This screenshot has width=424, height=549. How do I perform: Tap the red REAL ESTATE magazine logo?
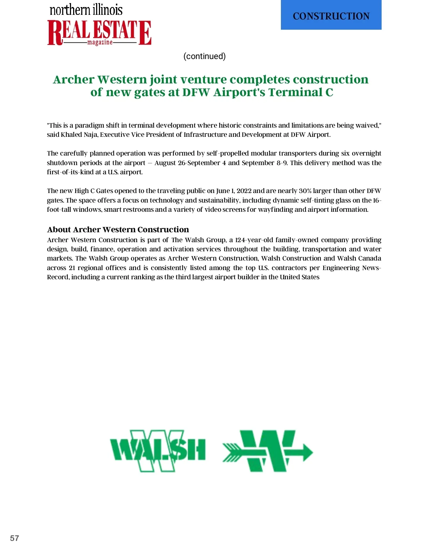(99, 33)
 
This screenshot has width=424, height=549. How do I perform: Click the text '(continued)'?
(204, 56)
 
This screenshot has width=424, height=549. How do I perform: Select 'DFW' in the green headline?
(196, 92)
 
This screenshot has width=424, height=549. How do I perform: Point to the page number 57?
(14, 538)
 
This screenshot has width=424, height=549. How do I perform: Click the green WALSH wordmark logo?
(158, 450)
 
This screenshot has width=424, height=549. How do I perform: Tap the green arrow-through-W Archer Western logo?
(267, 451)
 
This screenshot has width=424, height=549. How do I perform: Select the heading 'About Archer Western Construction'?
(118, 229)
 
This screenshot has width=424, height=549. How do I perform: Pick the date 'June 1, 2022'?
(234, 191)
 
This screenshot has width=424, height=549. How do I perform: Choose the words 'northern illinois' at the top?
(86, 10)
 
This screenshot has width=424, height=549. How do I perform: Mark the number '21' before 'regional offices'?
(72, 268)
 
